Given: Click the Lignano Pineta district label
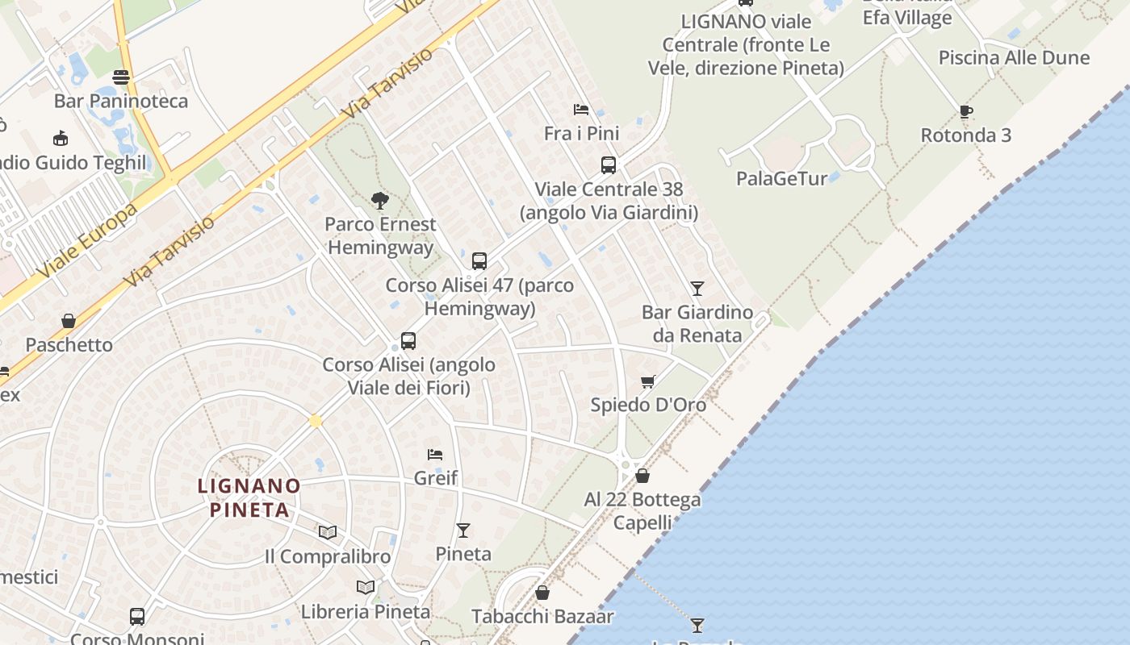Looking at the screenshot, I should (249, 497).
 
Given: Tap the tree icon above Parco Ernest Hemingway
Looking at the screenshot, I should (379, 201).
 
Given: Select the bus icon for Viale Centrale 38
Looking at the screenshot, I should (609, 165).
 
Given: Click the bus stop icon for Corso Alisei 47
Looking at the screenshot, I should (479, 261).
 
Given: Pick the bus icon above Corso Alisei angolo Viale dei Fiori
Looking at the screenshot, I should (408, 341).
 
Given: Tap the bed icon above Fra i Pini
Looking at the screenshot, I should (581, 110).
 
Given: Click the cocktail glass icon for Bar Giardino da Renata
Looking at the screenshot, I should (697, 288).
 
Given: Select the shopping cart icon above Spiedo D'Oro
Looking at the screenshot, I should (647, 381).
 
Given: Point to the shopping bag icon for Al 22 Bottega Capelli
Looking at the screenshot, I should (642, 476).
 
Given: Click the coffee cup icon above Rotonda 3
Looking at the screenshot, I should (966, 111).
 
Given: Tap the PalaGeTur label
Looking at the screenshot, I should (781, 178).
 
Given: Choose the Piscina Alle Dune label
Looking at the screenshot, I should (1014, 58).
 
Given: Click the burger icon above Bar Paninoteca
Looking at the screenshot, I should (121, 77).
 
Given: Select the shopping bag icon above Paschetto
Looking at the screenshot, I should (69, 321).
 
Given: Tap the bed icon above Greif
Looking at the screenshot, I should (435, 455).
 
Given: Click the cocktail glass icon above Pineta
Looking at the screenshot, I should (463, 530).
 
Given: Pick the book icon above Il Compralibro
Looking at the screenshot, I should (327, 532).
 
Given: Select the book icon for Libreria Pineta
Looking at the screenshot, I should (366, 587).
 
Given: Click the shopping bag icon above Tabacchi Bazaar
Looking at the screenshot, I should (542, 593).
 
